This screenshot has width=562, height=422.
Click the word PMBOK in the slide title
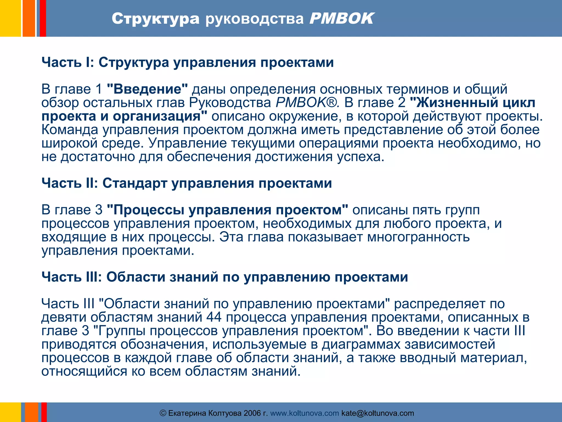[341, 19]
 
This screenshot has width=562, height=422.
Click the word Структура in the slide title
[155, 19]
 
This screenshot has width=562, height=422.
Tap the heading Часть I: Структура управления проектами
[187, 62]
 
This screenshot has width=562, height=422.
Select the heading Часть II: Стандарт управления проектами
[187, 183]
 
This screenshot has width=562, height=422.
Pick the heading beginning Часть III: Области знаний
[224, 277]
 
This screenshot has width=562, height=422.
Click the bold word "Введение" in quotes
[147, 89]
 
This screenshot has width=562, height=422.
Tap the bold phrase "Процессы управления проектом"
[227, 210]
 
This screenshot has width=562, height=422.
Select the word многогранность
[418, 237]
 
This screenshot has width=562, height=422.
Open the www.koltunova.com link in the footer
[304, 413]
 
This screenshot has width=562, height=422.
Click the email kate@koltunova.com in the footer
[378, 413]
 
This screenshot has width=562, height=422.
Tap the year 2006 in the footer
[252, 413]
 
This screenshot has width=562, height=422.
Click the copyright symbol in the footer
[163, 413]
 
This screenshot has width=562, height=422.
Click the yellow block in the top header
[10, 18]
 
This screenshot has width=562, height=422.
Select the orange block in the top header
[29, 18]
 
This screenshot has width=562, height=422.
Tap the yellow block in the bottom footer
[10, 412]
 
